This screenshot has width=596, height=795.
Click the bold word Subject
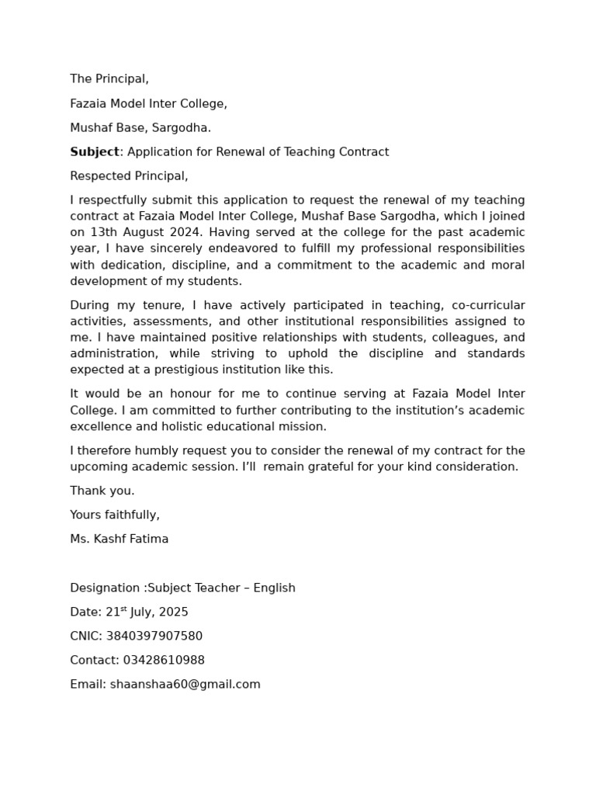95,152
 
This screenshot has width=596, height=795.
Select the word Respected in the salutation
99,176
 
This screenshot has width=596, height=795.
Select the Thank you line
102,491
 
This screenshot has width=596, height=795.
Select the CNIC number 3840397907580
154,636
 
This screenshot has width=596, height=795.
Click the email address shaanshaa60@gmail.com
185,684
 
